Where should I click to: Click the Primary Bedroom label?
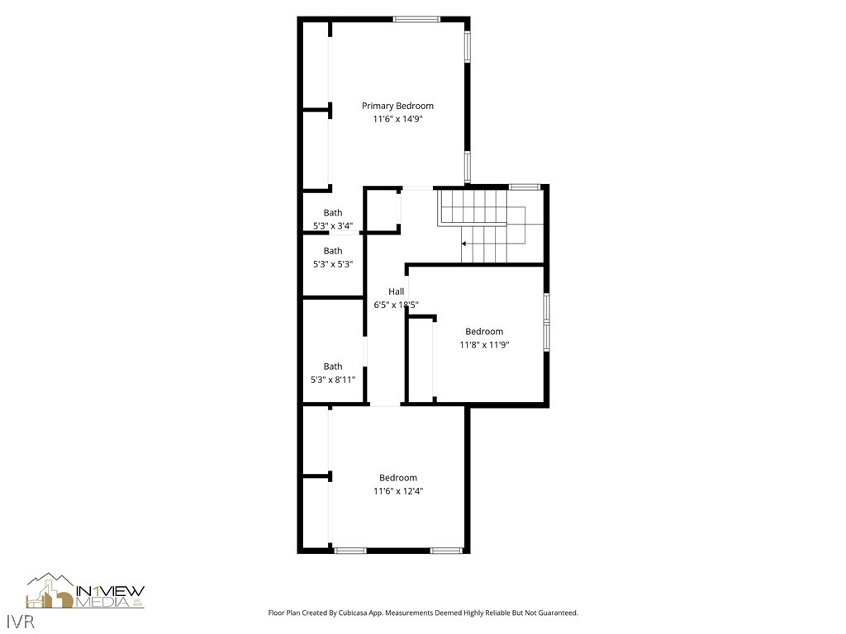397,106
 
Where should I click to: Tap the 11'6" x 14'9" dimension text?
397,119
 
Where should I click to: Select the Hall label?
397,291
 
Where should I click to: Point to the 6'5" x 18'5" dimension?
397,305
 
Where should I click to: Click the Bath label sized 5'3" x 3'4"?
333,213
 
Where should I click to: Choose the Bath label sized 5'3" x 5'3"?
333,251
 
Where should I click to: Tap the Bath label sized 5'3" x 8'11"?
333,367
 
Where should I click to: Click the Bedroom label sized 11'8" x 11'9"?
484,332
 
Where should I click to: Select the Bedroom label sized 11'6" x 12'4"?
398,478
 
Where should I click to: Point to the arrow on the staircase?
464,244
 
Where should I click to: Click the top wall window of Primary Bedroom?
416,19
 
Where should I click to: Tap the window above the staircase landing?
524,187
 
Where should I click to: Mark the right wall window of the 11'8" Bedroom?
546,321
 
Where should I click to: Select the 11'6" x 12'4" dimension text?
398,491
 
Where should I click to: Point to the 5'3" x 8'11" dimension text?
333,380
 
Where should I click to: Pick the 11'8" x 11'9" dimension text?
484,345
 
